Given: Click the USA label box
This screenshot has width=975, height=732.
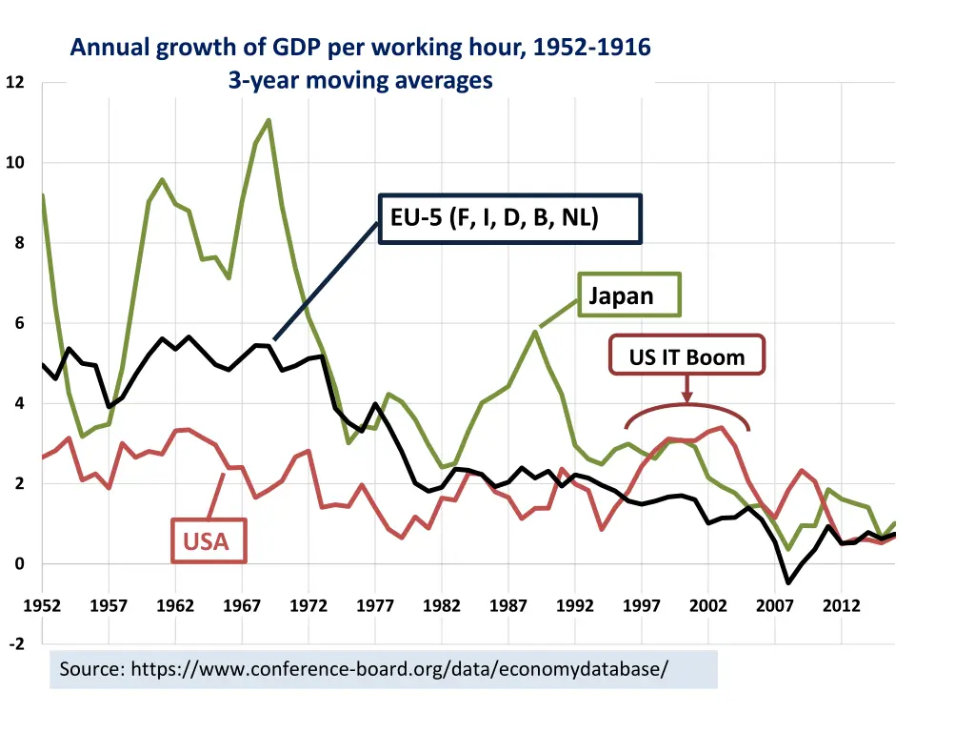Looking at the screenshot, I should [x=208, y=540].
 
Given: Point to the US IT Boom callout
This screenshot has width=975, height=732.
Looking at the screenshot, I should [x=686, y=357].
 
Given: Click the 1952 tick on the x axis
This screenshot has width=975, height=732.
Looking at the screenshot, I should [x=42, y=606].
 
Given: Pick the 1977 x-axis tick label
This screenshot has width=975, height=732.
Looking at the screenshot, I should [x=375, y=606].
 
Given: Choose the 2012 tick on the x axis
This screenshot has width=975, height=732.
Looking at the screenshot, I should [x=842, y=606].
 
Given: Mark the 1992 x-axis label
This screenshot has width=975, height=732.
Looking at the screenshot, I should [x=575, y=606].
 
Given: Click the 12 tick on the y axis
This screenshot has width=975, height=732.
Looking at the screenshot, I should [x=14, y=83].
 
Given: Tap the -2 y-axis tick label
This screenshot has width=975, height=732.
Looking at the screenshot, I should [x=16, y=644].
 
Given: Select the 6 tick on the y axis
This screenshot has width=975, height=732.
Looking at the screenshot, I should [x=18, y=324].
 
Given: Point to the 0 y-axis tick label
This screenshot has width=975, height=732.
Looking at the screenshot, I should [x=18, y=564].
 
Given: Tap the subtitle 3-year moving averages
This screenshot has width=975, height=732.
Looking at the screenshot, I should [x=360, y=80].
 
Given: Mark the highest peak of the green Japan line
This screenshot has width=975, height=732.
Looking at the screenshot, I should [x=269, y=120].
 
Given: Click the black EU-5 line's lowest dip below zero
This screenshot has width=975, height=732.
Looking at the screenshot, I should [x=788, y=581].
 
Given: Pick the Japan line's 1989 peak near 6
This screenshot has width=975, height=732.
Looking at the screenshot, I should [x=536, y=331].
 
